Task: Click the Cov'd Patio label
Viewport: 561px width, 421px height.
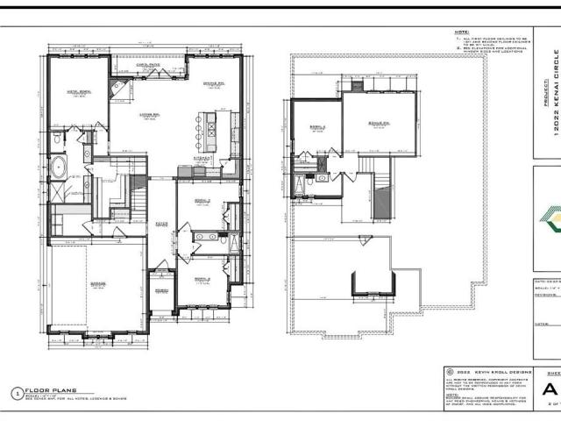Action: click(147, 64)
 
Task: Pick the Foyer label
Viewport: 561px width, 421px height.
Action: click(161, 224)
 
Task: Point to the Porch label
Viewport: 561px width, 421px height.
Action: click(161, 290)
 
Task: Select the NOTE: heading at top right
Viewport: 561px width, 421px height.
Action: click(461, 32)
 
